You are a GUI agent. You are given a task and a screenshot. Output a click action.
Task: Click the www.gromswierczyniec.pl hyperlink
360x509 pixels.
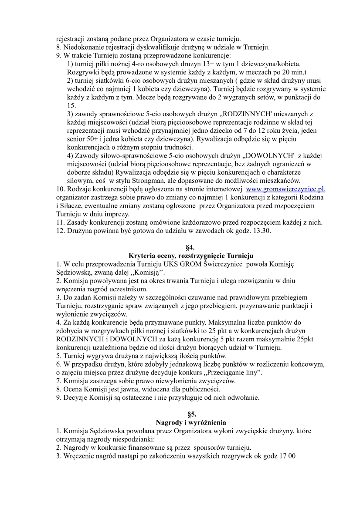click(x=285, y=189)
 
